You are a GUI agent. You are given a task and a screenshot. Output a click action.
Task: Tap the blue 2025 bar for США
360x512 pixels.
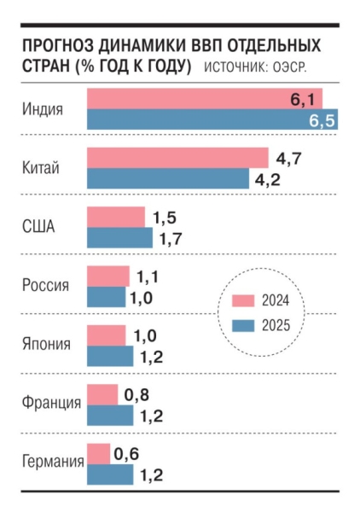(119, 238)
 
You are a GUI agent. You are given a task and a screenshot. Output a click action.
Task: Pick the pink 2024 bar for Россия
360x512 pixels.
(108, 276)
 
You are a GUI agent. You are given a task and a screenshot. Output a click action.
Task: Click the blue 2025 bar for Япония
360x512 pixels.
(110, 356)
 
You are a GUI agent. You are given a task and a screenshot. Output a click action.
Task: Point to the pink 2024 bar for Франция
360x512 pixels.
(102, 394)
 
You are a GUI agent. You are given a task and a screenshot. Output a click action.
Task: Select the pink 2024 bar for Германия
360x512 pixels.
(98, 453)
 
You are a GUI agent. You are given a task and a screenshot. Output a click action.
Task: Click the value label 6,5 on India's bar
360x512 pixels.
(321, 121)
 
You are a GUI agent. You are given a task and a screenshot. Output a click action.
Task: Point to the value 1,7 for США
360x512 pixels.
(171, 238)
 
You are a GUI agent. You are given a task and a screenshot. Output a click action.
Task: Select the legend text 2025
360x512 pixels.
(277, 324)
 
